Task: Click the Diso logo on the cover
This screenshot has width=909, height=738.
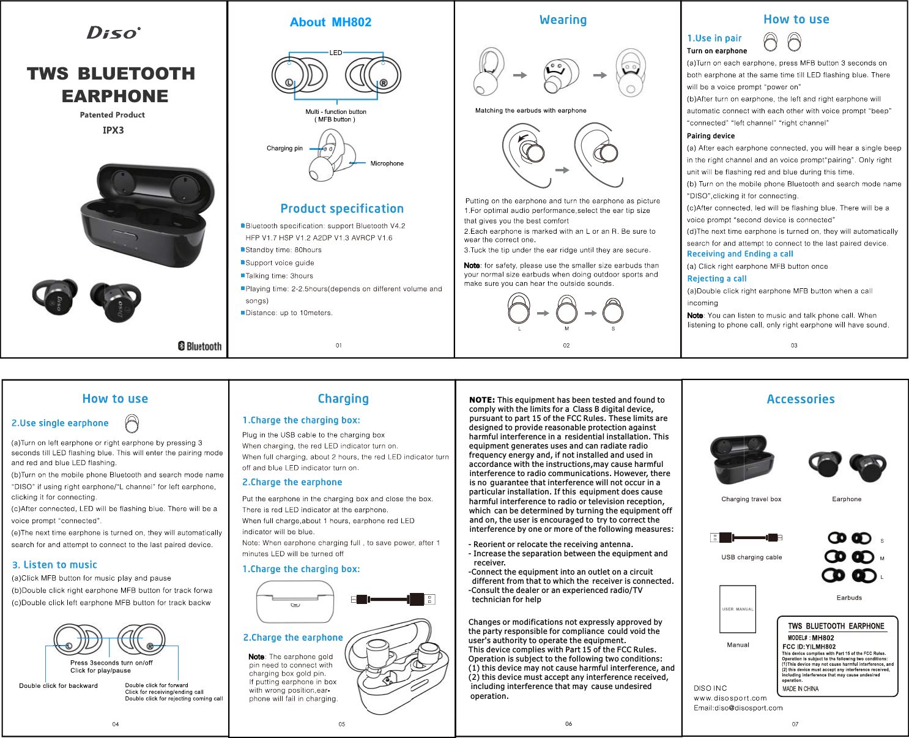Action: coord(114,32)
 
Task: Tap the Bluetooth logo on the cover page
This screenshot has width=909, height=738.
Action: coord(199,346)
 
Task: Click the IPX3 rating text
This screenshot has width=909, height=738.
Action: coord(113,130)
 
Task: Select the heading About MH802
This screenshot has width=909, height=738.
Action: coord(330,23)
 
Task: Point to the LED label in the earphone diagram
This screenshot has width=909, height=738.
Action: coord(336,53)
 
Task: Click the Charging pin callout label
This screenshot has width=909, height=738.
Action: coord(284,148)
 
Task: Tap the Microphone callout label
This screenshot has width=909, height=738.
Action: coord(387,163)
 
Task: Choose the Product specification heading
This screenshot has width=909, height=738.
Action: coord(342,209)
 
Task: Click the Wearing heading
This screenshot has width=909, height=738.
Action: coord(563,20)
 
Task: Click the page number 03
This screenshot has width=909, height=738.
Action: coord(794,346)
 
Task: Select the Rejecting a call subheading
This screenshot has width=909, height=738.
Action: coord(716,278)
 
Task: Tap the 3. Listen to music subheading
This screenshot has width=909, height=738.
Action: coord(54,565)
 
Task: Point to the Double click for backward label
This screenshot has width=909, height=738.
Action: coord(58,686)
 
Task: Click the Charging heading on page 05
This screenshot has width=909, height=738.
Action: coord(343,399)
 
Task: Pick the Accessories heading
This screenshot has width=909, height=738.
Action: coord(800,400)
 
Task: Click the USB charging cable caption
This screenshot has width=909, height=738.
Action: coord(751,557)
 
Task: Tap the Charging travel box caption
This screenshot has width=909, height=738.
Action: coord(751,499)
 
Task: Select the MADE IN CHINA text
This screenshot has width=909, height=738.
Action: coord(800,689)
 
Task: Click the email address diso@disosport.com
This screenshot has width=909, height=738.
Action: coord(738,708)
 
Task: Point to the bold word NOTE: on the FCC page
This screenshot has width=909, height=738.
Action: coord(482,400)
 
